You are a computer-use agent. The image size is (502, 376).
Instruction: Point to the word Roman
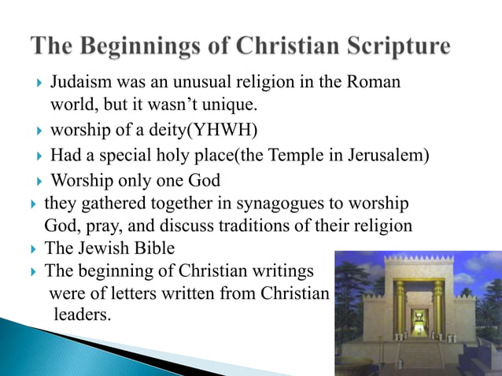point(375,82)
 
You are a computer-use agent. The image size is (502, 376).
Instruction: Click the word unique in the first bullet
point(229,104)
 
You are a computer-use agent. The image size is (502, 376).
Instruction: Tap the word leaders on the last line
point(82,315)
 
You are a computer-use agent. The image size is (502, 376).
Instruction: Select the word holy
point(183,155)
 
